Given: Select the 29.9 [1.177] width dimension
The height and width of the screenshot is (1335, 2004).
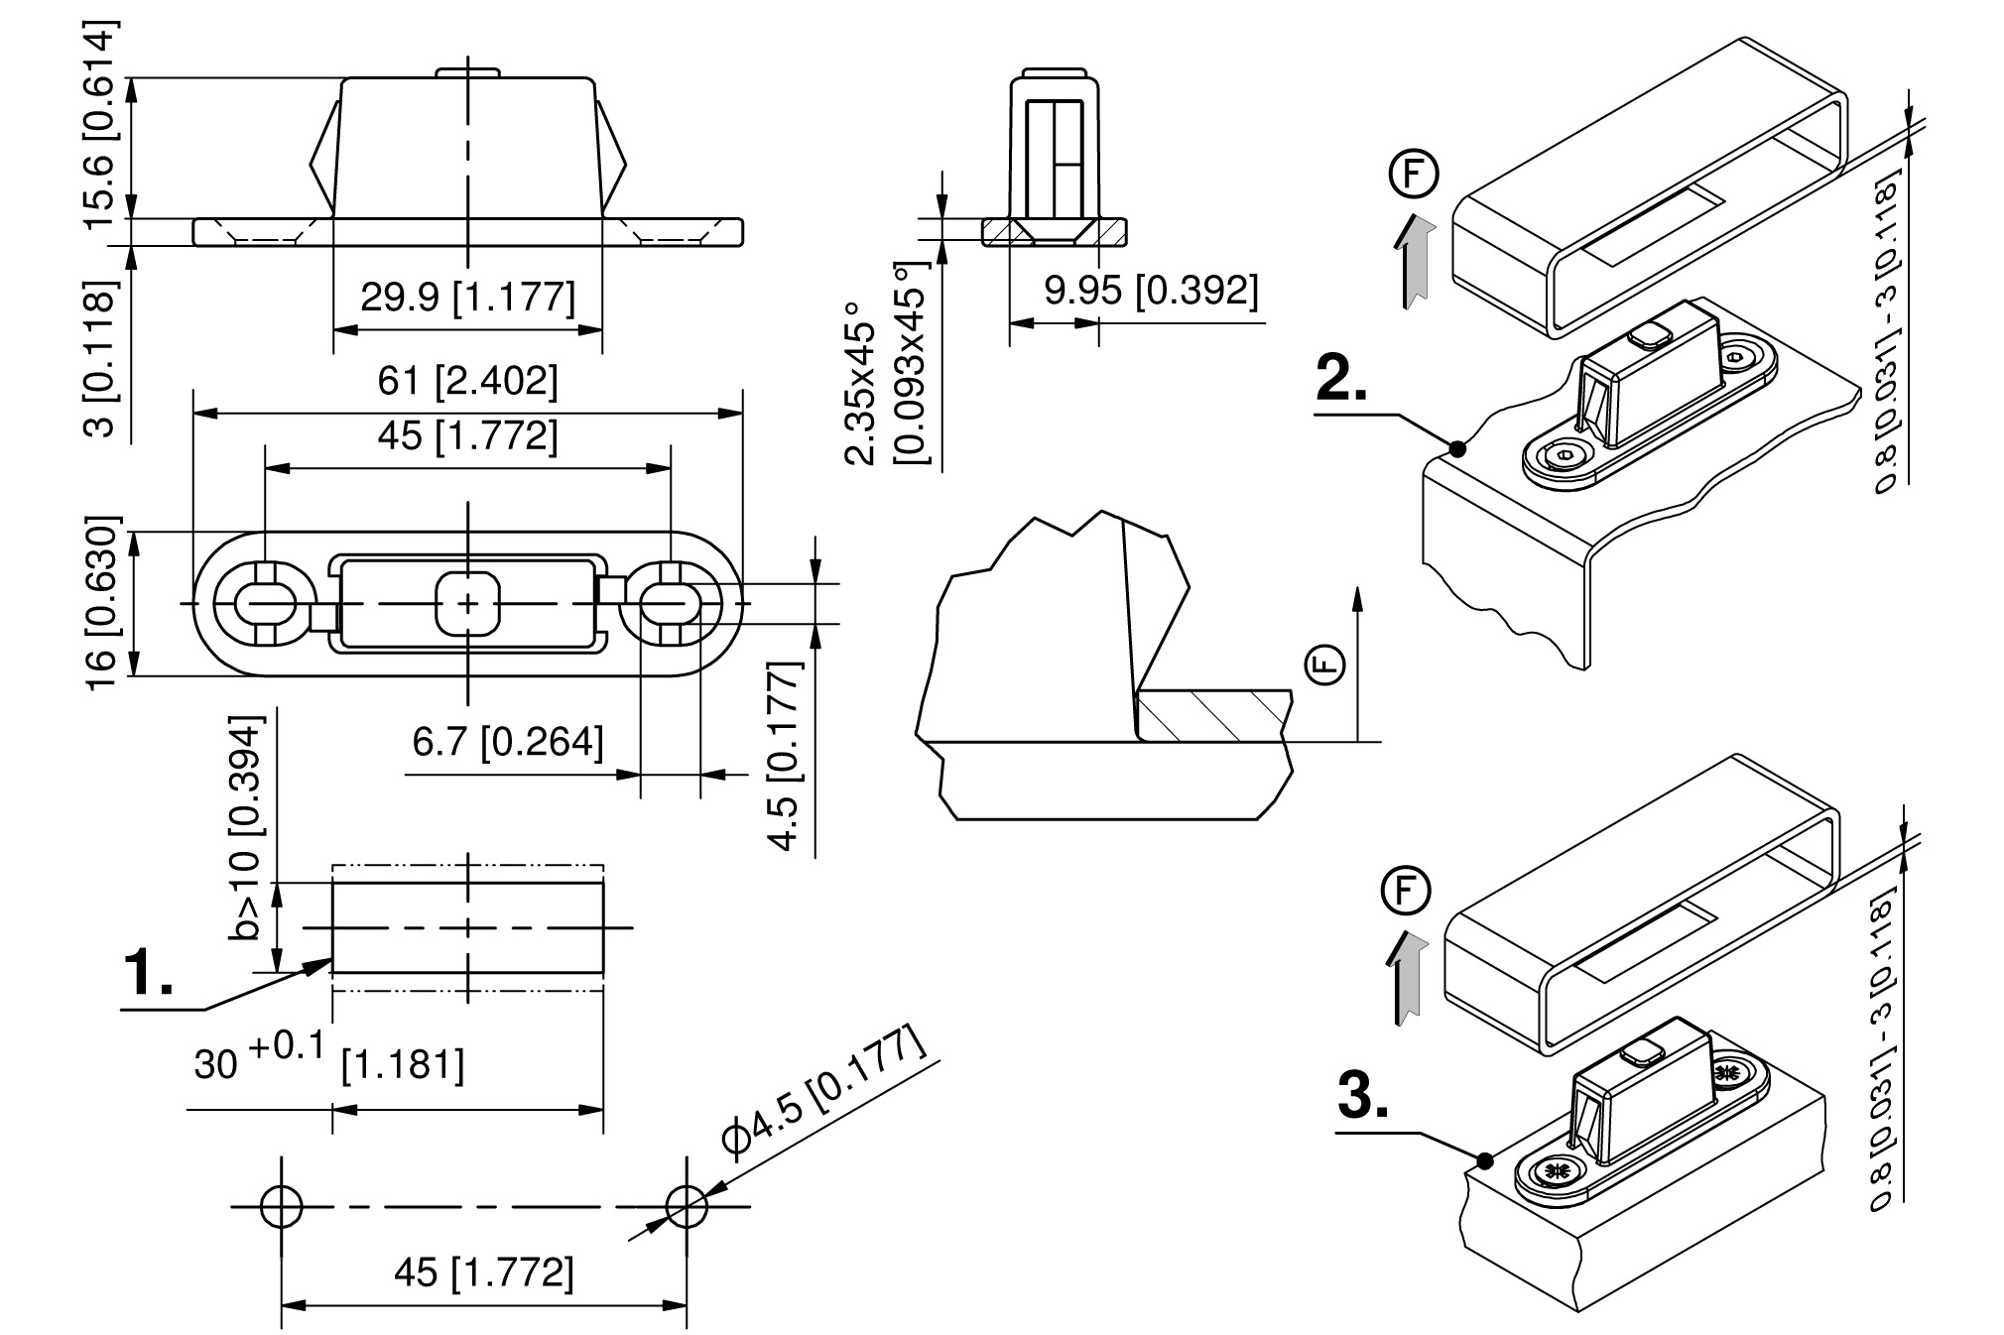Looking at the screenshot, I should click(467, 297).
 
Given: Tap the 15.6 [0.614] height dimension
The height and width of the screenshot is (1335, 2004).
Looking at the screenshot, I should click(100, 124).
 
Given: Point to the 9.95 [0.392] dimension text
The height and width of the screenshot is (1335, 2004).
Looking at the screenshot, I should click(1151, 291).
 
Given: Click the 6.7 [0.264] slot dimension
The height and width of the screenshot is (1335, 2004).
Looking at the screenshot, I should click(508, 742).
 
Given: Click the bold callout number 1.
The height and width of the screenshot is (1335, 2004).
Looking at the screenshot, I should click(146, 973).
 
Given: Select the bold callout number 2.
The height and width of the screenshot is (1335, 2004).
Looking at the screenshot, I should click(1341, 379).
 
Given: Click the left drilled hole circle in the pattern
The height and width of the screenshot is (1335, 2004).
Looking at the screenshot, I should click(281, 1206).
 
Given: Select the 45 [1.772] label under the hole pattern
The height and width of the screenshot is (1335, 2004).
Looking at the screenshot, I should click(483, 1273).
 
